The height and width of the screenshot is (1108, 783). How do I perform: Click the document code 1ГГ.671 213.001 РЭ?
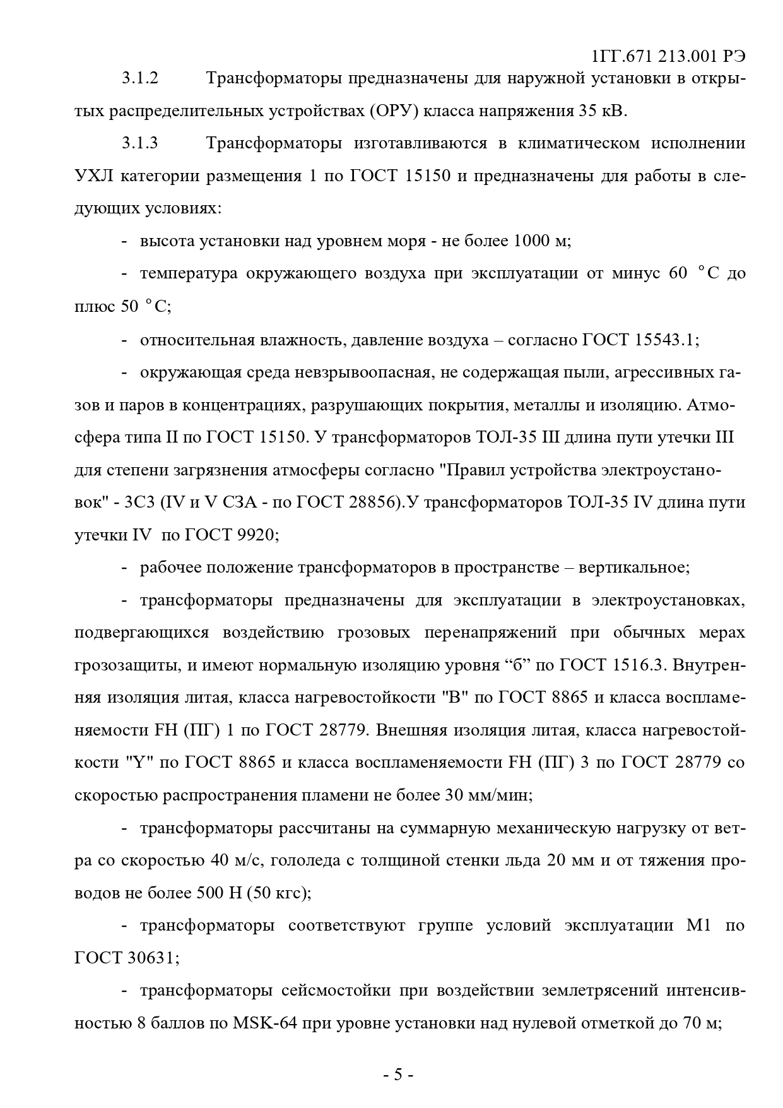tap(668, 56)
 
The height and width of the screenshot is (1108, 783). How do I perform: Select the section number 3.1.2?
tap(140, 79)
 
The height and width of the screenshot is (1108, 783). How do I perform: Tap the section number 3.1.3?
tap(140, 143)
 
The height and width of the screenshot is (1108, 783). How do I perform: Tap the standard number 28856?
tap(372, 503)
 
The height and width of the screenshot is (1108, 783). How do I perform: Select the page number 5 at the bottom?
tap(397, 1075)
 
